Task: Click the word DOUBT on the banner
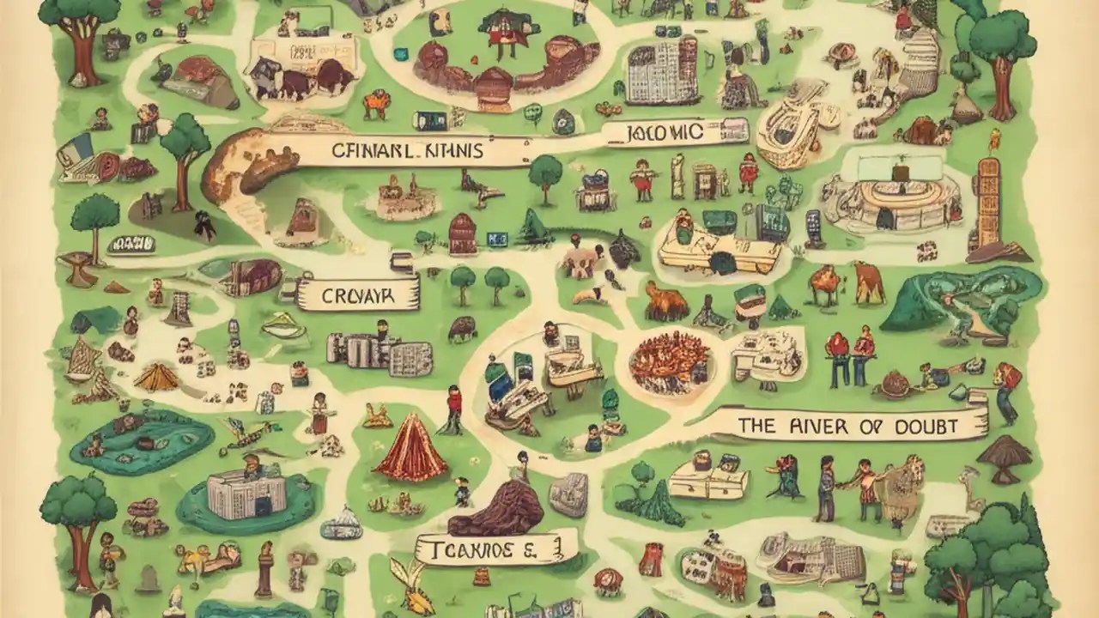(926, 427)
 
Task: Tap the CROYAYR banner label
(358, 297)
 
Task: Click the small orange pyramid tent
(156, 377)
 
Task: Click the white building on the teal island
(245, 494)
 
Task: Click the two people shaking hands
(849, 485)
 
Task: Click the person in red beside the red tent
(453, 408)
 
